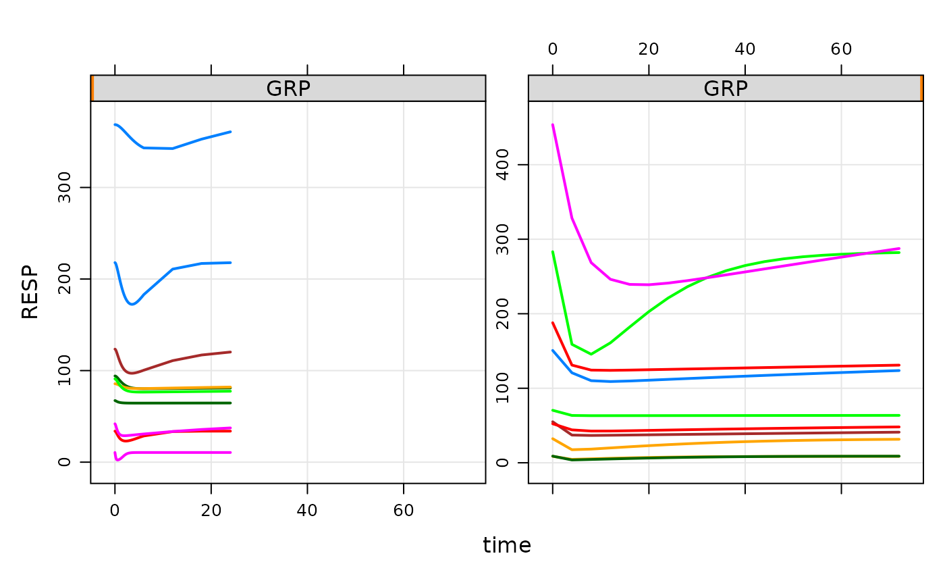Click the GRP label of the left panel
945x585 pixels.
click(x=288, y=89)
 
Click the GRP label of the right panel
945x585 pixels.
click(x=725, y=89)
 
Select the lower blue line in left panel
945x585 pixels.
click(x=189, y=265)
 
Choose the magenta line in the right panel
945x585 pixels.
click(x=742, y=272)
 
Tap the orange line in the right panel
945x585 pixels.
click(x=742, y=442)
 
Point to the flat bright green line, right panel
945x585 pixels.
click(x=742, y=415)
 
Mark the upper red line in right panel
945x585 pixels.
click(x=742, y=368)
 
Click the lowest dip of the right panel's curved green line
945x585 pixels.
click(x=591, y=354)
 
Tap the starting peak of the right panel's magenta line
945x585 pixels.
click(x=553, y=125)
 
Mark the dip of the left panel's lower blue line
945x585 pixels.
click(x=132, y=305)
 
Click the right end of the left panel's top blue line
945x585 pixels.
click(x=231, y=132)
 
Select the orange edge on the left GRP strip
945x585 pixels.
click(x=92, y=88)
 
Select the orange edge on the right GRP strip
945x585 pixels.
click(x=921, y=88)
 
